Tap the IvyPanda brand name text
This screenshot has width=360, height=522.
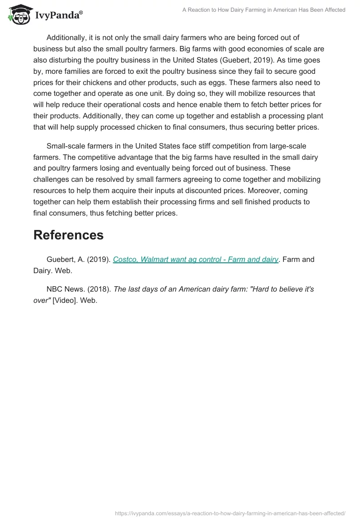click(x=58, y=16)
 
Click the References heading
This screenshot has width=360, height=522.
click(x=68, y=234)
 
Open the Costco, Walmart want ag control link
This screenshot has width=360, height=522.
click(x=196, y=260)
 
